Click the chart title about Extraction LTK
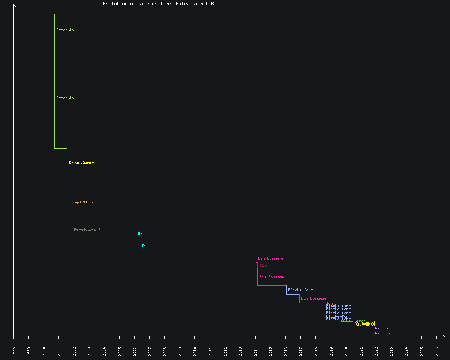pyautogui.click(x=158, y=4)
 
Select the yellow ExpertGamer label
pyautogui.click(x=81, y=162)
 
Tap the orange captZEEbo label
pyautogui.click(x=83, y=202)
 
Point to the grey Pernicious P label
pyautogui.click(x=87, y=229)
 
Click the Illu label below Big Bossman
pyautogui.click(x=264, y=265)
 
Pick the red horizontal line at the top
pyautogui.click(x=40, y=14)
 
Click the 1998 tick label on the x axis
pyautogui.click(x=14, y=351)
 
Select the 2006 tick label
pyautogui.click(x=135, y=351)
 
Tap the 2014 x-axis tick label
pyautogui.click(x=256, y=351)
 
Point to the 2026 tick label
pyautogui.click(x=437, y=351)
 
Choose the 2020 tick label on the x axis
pyautogui.click(x=346, y=351)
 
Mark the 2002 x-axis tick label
pyautogui.click(x=74, y=351)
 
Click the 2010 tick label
pyautogui.click(x=195, y=351)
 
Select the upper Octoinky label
pyautogui.click(x=65, y=30)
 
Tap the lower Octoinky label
pyautogui.click(x=65, y=98)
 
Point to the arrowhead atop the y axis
pyautogui.click(x=14, y=6)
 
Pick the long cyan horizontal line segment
pyautogui.click(x=198, y=254)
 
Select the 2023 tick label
pyautogui.click(x=391, y=351)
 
